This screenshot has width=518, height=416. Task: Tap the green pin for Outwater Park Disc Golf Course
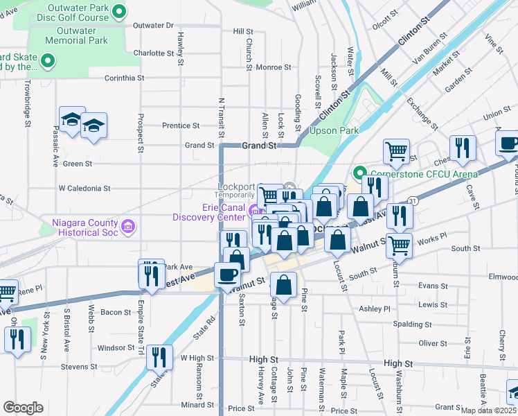(x=118, y=10)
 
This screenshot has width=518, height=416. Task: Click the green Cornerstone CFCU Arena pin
(x=359, y=173)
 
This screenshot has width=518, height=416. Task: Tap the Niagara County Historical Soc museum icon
(x=127, y=226)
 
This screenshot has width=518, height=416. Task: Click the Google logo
(x=23, y=408)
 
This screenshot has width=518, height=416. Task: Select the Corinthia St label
(x=123, y=78)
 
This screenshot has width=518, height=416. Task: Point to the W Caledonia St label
(x=84, y=188)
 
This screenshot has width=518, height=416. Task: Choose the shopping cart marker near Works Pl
(x=399, y=244)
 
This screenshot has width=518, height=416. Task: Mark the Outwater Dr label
(x=152, y=25)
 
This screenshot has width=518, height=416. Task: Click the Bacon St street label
(x=111, y=313)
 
